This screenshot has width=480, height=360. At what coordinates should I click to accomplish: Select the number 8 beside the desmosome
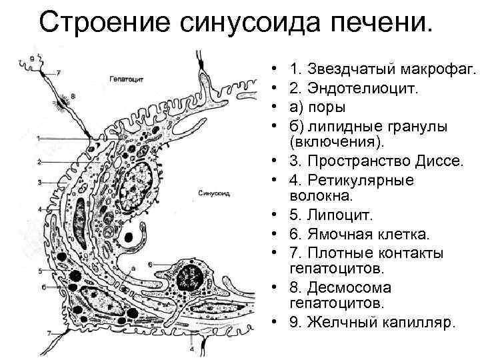point(72,96)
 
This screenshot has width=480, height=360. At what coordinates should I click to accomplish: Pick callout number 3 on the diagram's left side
point(39,181)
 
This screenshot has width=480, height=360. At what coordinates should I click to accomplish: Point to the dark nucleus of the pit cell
point(193,274)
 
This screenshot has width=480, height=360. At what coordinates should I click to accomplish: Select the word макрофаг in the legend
point(437,69)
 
